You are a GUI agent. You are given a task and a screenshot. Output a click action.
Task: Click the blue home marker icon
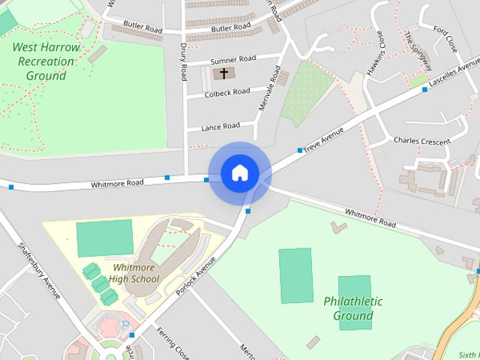click(x=239, y=173)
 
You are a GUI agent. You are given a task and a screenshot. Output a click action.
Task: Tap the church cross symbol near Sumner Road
click(x=223, y=73)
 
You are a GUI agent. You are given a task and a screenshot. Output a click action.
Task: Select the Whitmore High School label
click(x=134, y=273)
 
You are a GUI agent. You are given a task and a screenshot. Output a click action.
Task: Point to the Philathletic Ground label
click(x=353, y=308)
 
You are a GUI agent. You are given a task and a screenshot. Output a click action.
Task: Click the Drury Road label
click(x=184, y=61)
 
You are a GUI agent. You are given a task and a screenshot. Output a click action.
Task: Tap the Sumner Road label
click(x=233, y=58)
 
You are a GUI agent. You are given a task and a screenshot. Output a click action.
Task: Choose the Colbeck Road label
click(x=228, y=91)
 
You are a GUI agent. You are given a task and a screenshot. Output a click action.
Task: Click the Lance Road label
click(x=220, y=126)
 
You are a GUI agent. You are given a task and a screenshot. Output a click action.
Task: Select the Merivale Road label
click(x=268, y=88)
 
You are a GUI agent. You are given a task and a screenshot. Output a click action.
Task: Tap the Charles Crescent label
click(x=421, y=140)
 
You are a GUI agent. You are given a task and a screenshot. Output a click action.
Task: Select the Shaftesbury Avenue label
click(x=39, y=270)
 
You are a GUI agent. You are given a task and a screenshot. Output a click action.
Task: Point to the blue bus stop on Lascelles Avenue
click(x=424, y=90)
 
